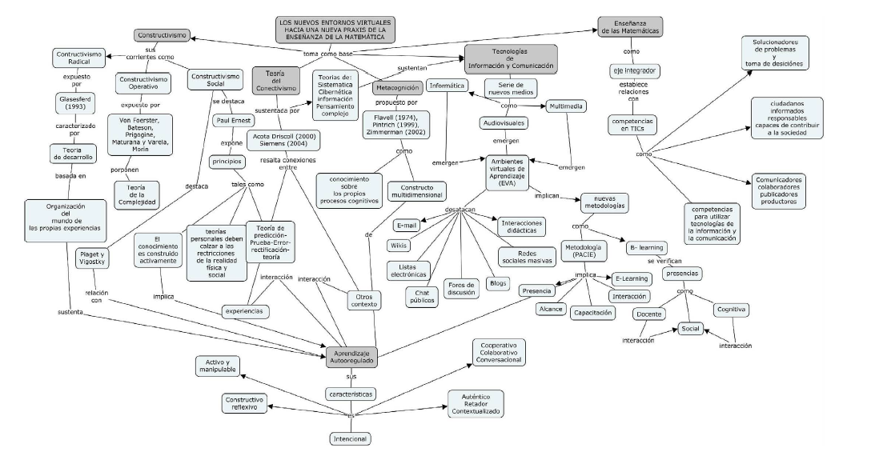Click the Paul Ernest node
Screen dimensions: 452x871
coord(234,120)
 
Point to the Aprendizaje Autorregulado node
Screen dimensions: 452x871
coord(351,357)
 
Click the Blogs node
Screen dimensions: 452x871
coord(497,283)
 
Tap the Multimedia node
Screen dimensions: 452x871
coord(565,106)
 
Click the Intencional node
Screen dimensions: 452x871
coord(350,438)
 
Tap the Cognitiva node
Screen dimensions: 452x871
coord(731,307)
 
